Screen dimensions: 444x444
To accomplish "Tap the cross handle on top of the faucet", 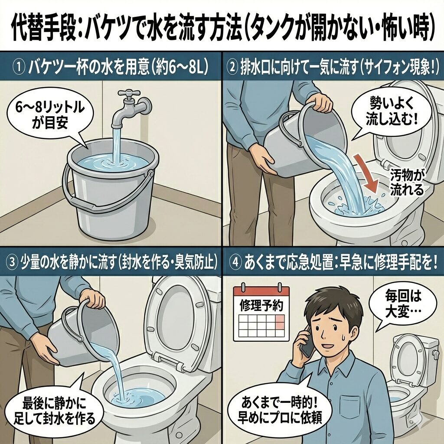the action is pos(129,94).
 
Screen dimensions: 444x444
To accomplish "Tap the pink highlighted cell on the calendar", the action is pos(279,322).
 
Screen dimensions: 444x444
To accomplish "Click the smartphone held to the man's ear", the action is pos(308,342).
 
